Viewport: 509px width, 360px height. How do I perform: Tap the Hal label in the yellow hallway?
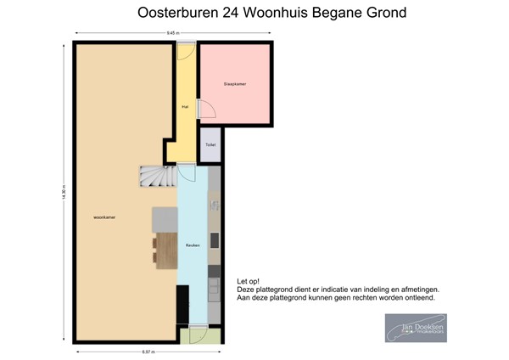pos(185,107)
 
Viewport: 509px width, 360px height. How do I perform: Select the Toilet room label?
pos(210,145)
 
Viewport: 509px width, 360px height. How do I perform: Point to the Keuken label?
pos(193,245)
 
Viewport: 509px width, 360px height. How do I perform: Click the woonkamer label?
pos(105,217)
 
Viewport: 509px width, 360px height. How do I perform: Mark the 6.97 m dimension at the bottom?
pos(148,352)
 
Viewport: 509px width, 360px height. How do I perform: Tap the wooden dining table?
pos(166,250)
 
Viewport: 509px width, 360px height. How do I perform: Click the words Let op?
pos(249,281)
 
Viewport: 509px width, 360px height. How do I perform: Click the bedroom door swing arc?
pos(205,109)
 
